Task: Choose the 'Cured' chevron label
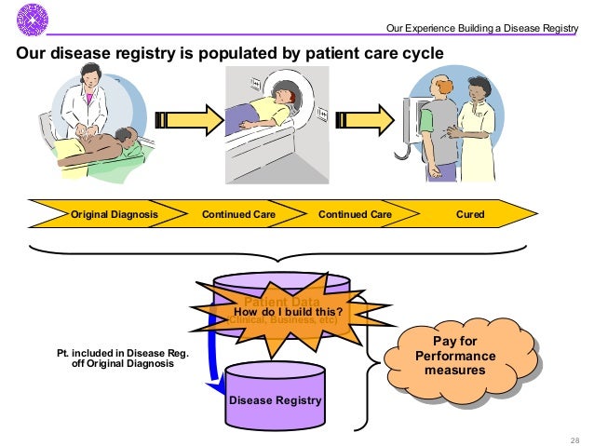470,214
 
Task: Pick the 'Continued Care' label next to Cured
355,214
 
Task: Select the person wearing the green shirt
435,130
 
